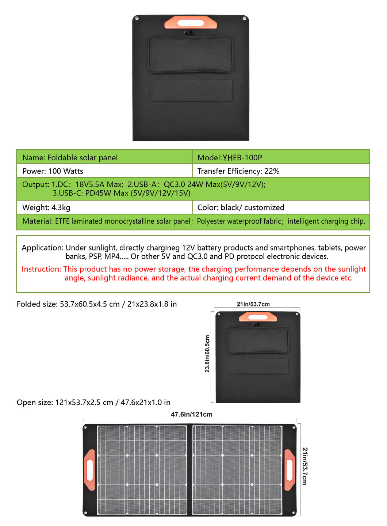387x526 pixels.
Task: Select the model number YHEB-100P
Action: click(242, 158)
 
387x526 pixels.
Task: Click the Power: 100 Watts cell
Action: click(53, 171)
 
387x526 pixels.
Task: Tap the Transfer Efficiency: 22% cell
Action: click(238, 171)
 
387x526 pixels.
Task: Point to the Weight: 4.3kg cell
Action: click(46, 207)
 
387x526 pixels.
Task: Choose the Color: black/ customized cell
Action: click(241, 207)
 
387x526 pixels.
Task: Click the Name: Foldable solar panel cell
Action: click(70, 158)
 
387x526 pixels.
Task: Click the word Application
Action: click(42, 248)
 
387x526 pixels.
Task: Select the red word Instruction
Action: click(41, 269)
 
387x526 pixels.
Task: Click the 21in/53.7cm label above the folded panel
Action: click(253, 304)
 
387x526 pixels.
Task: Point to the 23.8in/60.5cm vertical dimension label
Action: click(207, 354)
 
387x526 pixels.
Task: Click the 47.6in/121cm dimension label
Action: click(191, 414)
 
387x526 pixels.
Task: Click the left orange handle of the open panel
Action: click(89, 469)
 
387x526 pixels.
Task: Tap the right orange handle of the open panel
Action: click(290, 469)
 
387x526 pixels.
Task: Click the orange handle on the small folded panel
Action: click(258, 317)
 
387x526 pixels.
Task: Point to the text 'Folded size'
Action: click(36, 304)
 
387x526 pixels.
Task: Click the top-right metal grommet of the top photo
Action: click(245, 18)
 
